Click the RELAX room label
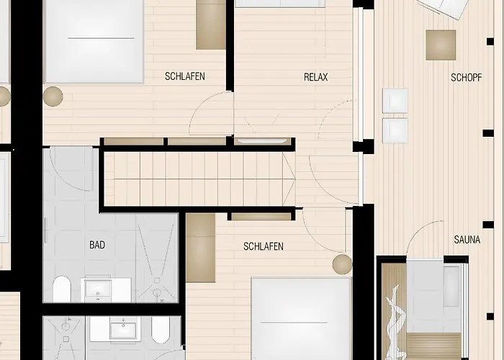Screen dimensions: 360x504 point(315,77)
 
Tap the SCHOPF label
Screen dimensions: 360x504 point(466,77)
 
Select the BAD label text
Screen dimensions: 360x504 point(97,245)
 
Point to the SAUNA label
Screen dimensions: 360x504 point(467,240)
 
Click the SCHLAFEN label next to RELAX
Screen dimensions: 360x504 point(185,76)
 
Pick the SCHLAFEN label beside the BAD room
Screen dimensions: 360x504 point(263,246)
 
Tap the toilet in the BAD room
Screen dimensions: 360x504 point(61,289)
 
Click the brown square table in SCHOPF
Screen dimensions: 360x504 point(440,45)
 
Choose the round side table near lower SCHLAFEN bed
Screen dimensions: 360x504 point(342,264)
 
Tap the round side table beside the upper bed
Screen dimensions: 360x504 point(53,96)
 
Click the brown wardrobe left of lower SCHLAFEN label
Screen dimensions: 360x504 point(201,247)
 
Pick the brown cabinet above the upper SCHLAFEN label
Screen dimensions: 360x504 point(211,24)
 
